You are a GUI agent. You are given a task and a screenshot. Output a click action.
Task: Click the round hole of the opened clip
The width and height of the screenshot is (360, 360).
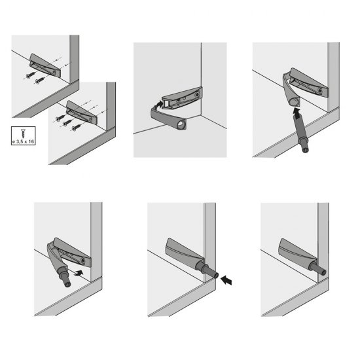coord(184,122)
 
